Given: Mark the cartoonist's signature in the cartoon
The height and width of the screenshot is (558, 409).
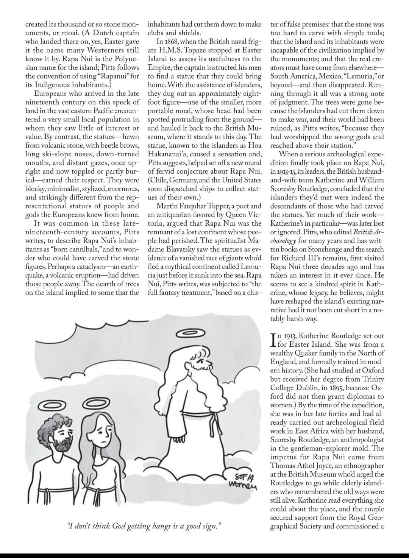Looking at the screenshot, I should pyautogui.click(x=242, y=480).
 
